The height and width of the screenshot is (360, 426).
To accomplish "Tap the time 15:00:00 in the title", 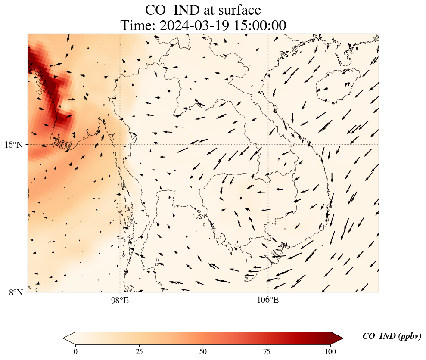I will tap(260, 25).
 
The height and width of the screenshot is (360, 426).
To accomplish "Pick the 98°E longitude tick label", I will tap(120, 300).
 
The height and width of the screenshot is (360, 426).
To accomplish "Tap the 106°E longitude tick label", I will tap(268, 300).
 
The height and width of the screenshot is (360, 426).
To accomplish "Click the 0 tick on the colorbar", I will tap(76, 351).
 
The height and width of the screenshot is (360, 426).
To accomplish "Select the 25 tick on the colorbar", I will tap(139, 351).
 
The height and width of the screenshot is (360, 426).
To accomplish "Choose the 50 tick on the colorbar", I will tap(203, 351).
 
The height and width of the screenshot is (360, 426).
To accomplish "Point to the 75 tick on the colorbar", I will tap(267, 351).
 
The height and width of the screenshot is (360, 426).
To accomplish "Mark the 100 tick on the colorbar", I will tap(330, 351).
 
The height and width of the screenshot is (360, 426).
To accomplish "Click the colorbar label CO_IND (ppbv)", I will tap(392, 336).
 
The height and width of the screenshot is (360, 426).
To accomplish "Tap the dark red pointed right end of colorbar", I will tap(337, 338).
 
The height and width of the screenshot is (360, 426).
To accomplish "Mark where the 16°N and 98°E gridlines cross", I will tap(120, 144).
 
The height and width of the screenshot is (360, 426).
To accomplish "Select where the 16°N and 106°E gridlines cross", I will tap(268, 144).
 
